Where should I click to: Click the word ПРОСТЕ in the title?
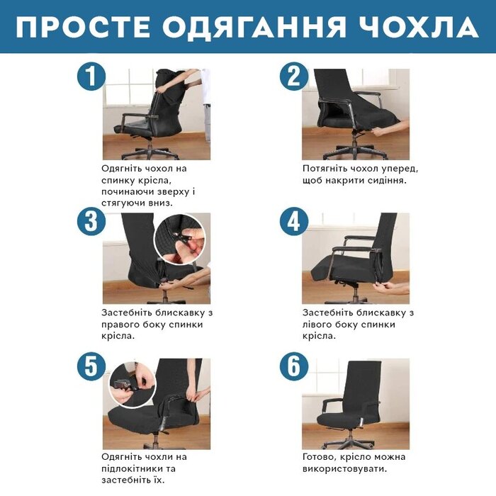pyautogui.click(x=83, y=27)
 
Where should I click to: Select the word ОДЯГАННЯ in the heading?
pyautogui.click(x=255, y=27)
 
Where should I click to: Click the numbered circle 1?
pyautogui.click(x=91, y=77)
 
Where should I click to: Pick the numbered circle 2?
pyautogui.click(x=294, y=77)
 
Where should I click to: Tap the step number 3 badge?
pyautogui.click(x=91, y=221)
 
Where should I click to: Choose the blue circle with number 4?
pyautogui.click(x=294, y=221)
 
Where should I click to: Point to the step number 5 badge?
pyautogui.click(x=91, y=366)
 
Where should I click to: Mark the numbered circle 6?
pyautogui.click(x=294, y=366)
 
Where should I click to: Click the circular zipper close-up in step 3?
pyautogui.click(x=180, y=239)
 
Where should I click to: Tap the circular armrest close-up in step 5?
pyautogui.click(x=133, y=385)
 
